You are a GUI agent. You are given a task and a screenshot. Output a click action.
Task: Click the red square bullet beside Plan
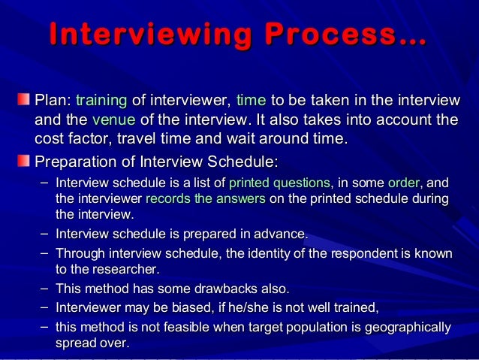pos(25,100)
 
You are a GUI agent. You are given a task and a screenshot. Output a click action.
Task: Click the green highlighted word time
pos(251,101)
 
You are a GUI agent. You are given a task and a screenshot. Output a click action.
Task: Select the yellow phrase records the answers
pos(205,199)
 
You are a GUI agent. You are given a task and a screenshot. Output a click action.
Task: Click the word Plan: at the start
pos(53,101)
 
